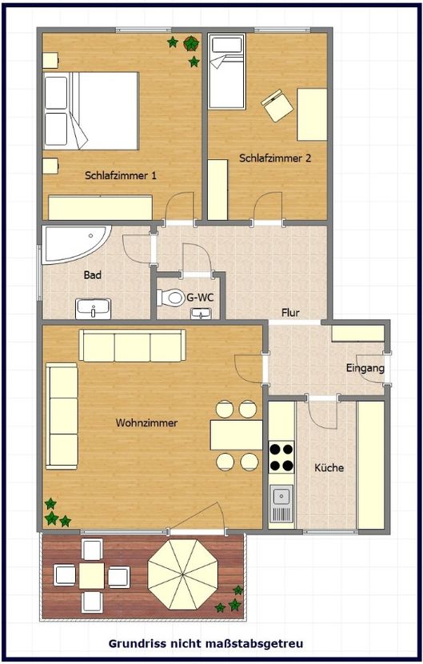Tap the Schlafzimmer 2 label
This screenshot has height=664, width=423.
(275, 158)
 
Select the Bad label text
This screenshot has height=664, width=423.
(93, 275)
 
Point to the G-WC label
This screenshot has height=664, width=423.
(200, 298)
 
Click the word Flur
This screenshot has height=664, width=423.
(290, 313)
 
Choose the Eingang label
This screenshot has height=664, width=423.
(365, 369)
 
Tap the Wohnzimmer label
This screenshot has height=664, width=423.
(146, 422)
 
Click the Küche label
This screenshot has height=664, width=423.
(329, 468)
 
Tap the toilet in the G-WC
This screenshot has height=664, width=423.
(172, 298)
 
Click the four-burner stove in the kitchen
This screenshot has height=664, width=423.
(281, 457)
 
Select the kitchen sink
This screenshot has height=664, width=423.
(281, 504)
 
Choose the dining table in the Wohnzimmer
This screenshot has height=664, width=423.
(236, 435)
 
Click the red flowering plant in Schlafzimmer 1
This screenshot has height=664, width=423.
(191, 43)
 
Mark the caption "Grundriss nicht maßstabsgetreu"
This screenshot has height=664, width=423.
(210, 642)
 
